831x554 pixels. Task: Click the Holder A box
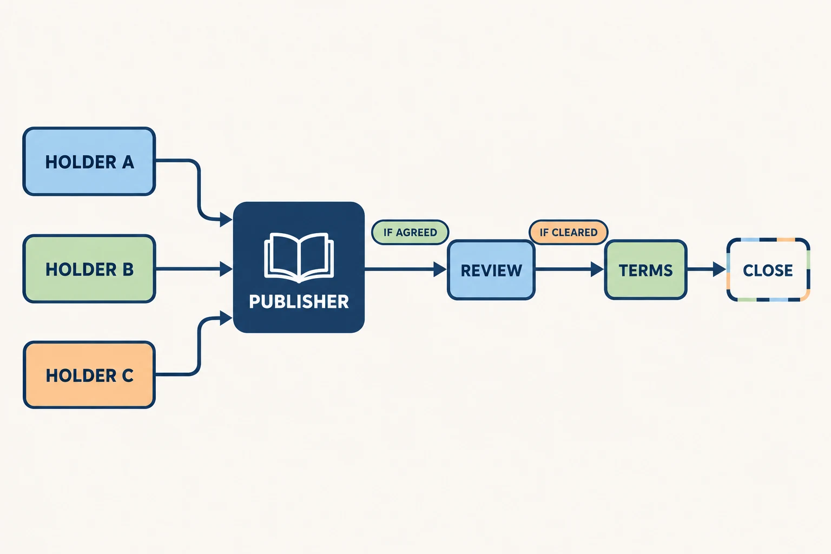89,161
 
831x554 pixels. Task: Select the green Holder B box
89,269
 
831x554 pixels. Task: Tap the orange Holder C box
89,375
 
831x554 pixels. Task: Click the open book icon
299,258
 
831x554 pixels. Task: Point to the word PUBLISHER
299,302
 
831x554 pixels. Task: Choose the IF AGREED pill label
410,232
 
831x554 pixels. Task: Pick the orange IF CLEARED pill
568,232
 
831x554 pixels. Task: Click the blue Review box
491,270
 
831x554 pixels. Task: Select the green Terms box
645,270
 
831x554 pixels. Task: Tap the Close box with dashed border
768,270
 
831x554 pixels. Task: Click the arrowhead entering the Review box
440,269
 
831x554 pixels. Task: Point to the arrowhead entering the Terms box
597,269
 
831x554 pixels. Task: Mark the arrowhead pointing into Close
720,269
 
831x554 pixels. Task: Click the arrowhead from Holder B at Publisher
226,269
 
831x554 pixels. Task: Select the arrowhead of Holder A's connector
226,220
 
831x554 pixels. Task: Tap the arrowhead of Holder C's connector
226,318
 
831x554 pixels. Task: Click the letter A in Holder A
128,162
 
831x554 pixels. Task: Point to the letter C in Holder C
128,375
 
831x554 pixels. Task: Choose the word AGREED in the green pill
416,233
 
